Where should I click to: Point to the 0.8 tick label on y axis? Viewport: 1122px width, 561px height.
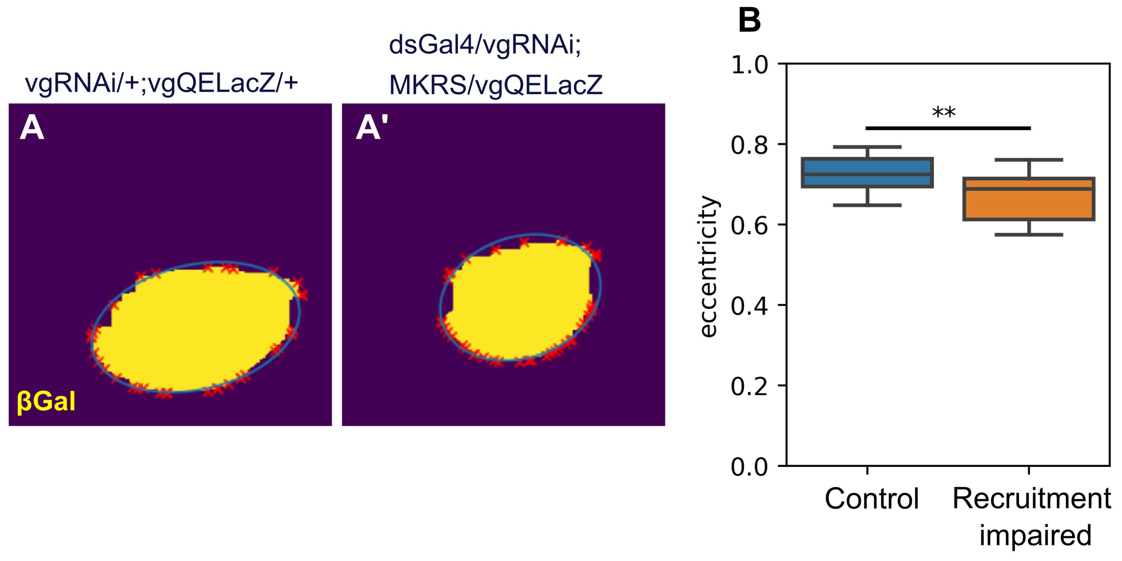(x=749, y=145)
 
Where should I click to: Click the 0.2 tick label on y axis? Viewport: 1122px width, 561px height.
(x=749, y=386)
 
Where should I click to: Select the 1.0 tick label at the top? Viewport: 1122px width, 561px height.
(x=749, y=65)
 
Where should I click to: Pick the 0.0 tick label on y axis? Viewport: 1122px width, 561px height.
(x=749, y=467)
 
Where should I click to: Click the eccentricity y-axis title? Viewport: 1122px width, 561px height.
(x=708, y=267)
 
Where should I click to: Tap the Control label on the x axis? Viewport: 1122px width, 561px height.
(x=871, y=498)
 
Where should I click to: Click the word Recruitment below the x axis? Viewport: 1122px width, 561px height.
(x=1031, y=498)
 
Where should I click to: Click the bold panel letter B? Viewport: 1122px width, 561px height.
(x=749, y=20)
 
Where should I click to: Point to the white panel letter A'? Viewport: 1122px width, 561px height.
(x=372, y=128)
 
